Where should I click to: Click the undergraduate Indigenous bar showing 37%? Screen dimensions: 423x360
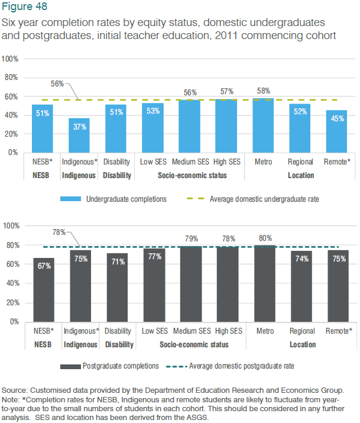click(79, 135)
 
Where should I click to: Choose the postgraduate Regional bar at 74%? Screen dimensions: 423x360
click(300, 286)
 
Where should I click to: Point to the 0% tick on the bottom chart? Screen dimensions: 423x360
click(13, 322)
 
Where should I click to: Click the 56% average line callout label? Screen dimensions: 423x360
click(57, 83)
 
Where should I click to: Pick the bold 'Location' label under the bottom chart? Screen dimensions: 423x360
click(301, 344)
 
